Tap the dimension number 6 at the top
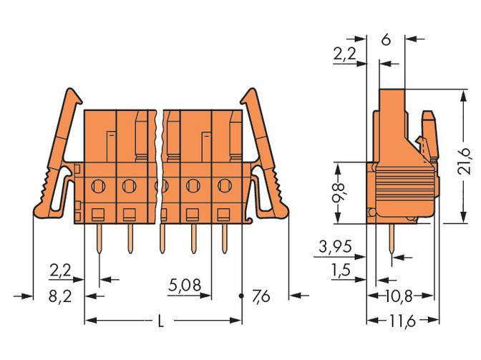(x=386, y=41)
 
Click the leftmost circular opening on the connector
(x=98, y=188)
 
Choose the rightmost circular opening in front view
(x=224, y=188)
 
